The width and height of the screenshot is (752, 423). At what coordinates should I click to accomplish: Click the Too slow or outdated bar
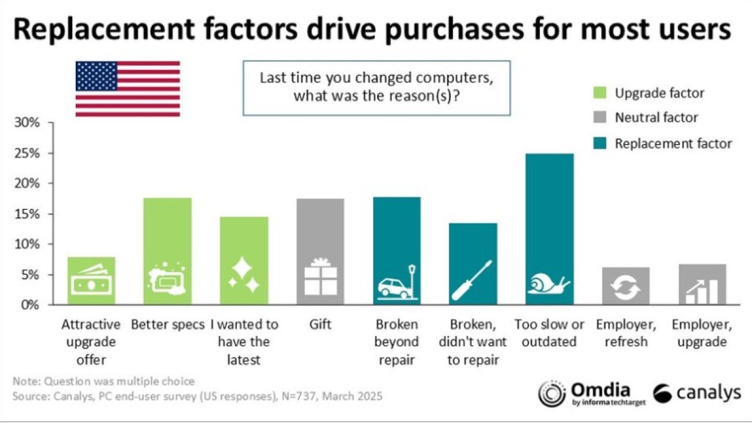click(x=549, y=229)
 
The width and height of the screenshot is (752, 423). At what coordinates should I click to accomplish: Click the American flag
click(x=127, y=88)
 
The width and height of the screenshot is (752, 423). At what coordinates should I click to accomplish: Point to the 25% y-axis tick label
click(x=27, y=154)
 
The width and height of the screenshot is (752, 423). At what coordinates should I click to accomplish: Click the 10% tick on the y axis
click(x=27, y=244)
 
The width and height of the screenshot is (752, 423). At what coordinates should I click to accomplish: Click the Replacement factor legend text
click(x=673, y=143)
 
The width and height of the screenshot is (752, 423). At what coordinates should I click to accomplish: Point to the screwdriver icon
click(x=472, y=281)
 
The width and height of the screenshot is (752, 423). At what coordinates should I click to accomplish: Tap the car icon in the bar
click(x=395, y=286)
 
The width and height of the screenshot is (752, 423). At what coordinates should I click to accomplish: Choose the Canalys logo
click(x=696, y=393)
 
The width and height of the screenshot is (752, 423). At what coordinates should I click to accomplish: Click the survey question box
click(x=377, y=87)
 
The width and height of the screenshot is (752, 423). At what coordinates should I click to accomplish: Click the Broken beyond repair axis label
click(x=397, y=342)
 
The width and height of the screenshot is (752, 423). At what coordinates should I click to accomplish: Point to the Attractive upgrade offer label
click(x=91, y=342)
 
